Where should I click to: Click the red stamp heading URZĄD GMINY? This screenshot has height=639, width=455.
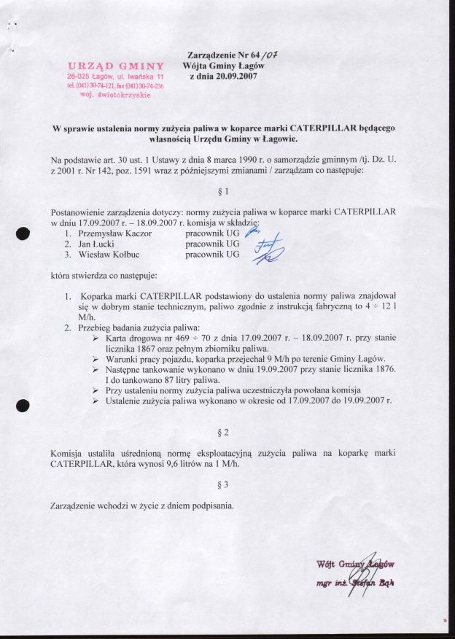click(x=115, y=66)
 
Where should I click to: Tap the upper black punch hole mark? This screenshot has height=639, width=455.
click(x=23, y=234)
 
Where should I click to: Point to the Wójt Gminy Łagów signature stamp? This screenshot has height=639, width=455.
click(x=356, y=573)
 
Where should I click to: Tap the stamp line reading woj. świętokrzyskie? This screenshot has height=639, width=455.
click(x=115, y=95)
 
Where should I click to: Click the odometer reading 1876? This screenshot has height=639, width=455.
click(x=381, y=370)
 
